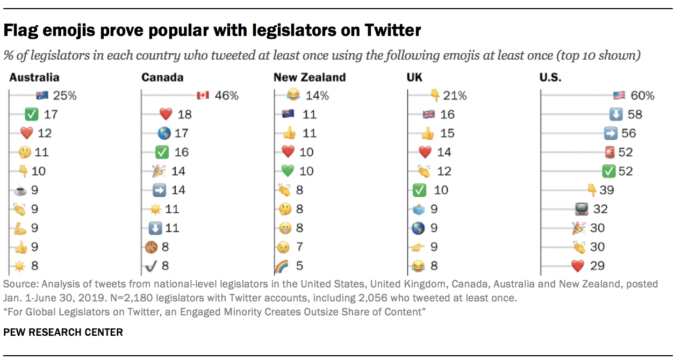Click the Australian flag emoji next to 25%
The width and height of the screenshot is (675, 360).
[42, 96]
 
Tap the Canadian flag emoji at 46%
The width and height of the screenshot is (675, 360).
[202, 96]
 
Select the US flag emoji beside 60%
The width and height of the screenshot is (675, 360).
[619, 96]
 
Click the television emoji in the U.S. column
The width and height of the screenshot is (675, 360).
[581, 208]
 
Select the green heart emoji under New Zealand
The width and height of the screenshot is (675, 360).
[289, 171]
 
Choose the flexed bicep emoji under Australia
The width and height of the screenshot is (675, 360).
[20, 228]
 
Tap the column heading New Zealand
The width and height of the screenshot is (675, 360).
[309, 77]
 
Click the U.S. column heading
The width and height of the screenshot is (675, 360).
[550, 77]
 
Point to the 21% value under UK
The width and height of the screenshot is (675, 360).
[455, 96]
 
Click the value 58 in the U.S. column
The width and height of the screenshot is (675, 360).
[635, 114]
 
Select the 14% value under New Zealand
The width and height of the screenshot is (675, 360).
[317, 96]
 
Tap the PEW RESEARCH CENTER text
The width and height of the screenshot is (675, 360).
[63, 332]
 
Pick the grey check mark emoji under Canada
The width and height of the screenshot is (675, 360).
[150, 265]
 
